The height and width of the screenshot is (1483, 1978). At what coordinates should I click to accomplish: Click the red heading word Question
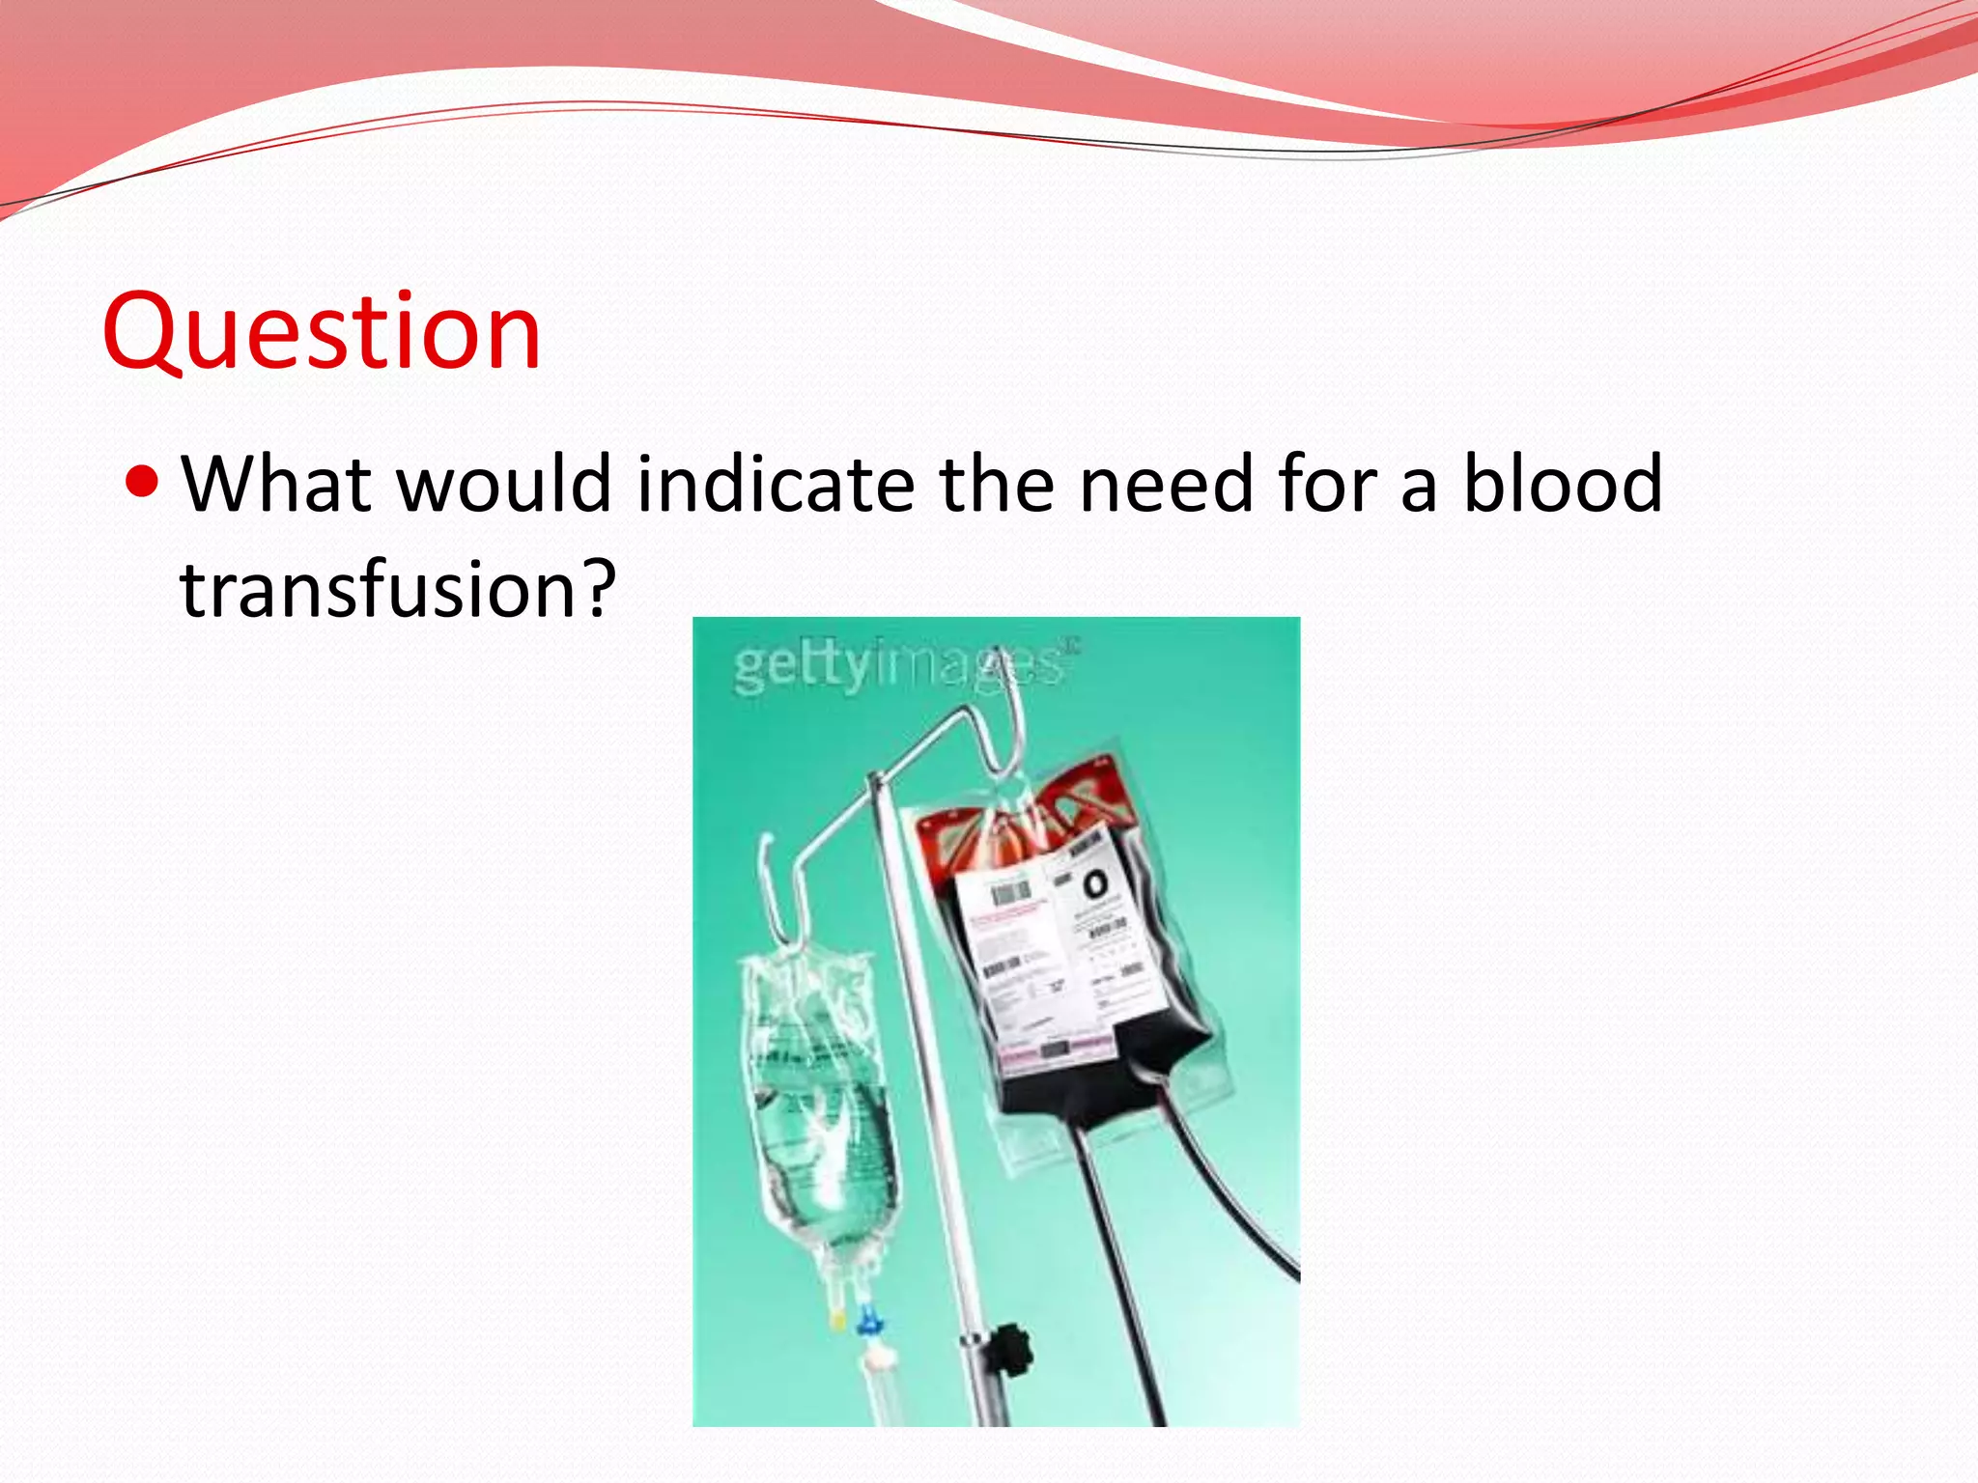click(321, 333)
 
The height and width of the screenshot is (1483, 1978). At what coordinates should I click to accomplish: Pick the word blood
click(1563, 483)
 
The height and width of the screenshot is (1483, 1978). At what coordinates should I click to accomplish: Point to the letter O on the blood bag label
click(1095, 883)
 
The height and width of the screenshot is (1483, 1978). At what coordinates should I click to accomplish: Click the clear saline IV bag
click(821, 1091)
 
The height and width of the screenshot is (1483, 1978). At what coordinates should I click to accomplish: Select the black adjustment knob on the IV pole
click(1008, 1342)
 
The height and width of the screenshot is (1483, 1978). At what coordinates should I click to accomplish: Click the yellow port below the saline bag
click(838, 1319)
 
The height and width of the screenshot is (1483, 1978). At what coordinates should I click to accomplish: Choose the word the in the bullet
click(996, 483)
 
